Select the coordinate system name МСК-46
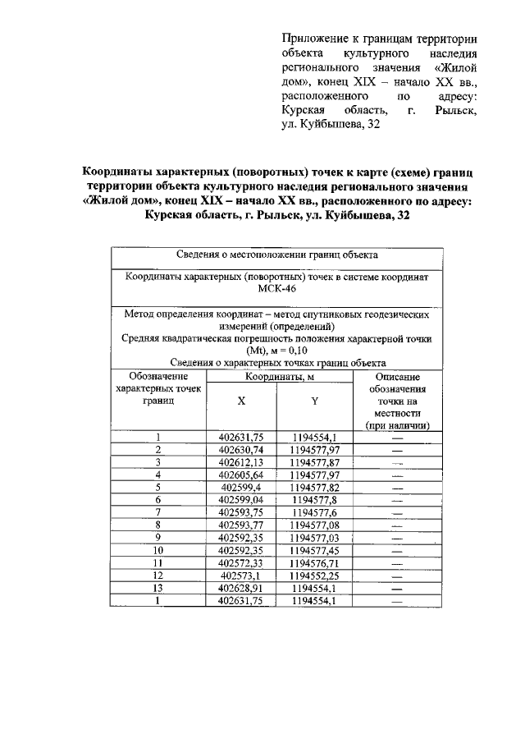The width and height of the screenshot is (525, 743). pyautogui.click(x=277, y=290)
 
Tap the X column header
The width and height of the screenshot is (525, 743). pyautogui.click(x=241, y=401)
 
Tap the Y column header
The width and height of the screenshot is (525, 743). pyautogui.click(x=314, y=401)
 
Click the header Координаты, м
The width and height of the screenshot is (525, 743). pyautogui.click(x=277, y=376)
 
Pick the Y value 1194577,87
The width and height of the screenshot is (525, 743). pyautogui.click(x=314, y=462)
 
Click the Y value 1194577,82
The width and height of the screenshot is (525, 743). pyautogui.click(x=314, y=487)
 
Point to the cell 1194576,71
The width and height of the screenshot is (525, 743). pyautogui.click(x=314, y=563)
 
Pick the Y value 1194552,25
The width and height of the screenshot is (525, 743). pyautogui.click(x=314, y=576)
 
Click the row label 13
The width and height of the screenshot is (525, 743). pyautogui.click(x=158, y=589)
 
